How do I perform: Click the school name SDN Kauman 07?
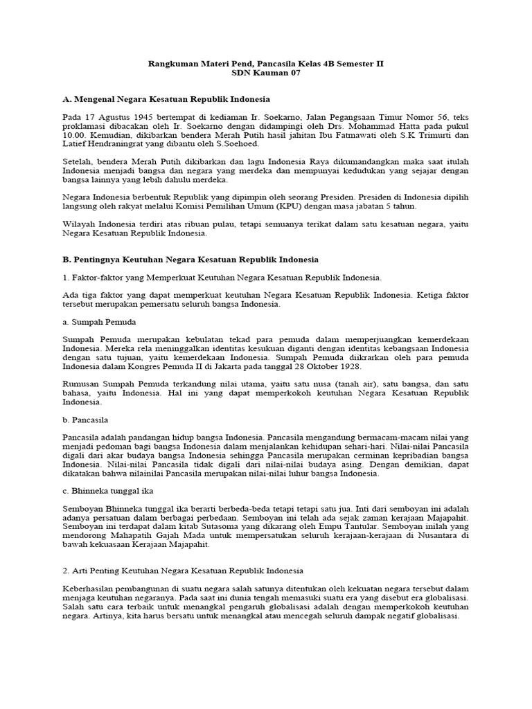pos(266,74)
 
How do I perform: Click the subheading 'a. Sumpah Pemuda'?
pos(99,322)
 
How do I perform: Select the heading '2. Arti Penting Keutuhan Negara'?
pos(183,571)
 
